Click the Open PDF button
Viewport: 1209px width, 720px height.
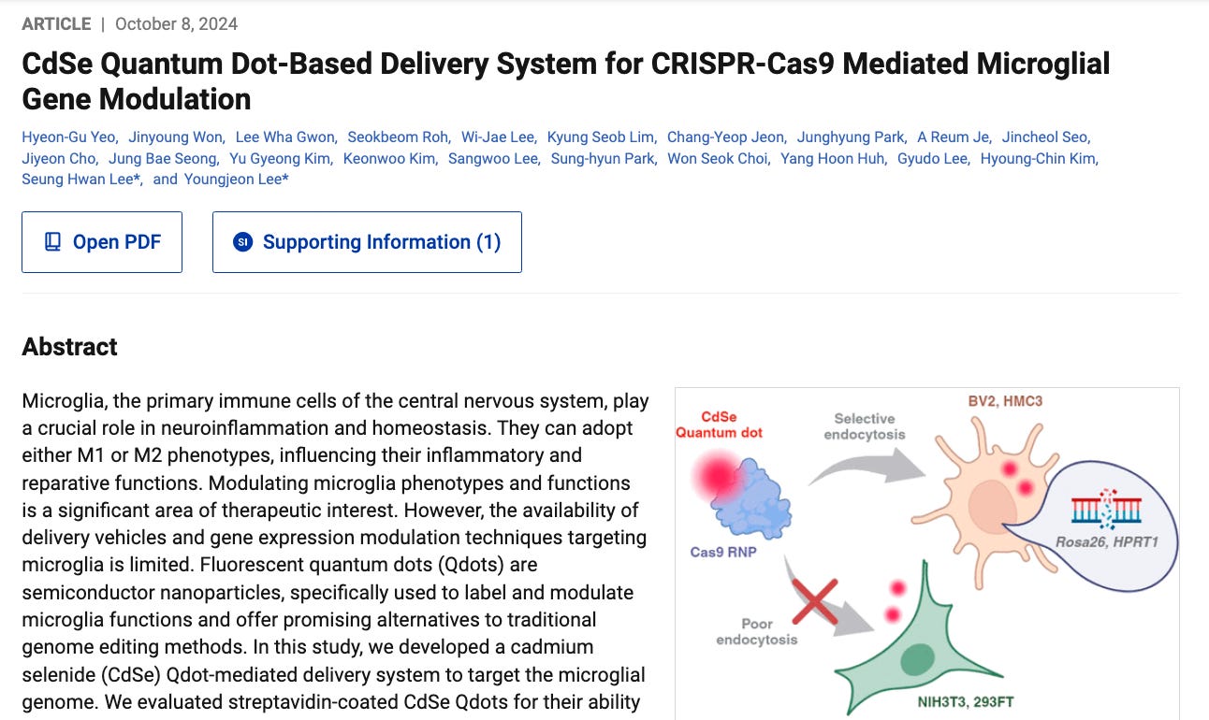tap(102, 242)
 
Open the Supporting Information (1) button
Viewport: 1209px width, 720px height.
tap(367, 242)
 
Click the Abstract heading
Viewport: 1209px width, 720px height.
tap(70, 347)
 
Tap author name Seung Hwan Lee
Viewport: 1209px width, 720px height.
tap(80, 180)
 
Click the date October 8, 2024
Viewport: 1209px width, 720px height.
tap(176, 24)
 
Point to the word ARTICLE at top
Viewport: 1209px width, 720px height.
tap(56, 24)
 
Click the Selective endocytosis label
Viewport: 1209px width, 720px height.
tap(865, 426)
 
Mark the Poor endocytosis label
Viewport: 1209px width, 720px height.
tap(757, 631)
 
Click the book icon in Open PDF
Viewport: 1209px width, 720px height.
tap(53, 242)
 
